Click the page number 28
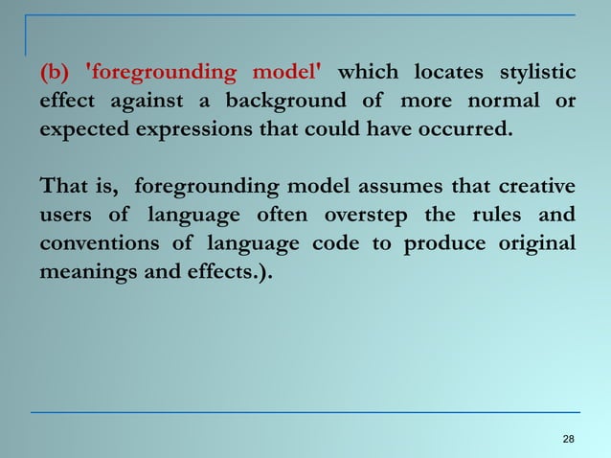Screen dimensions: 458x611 pyautogui.click(x=569, y=439)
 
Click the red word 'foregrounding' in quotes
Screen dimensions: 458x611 pyautogui.click(x=159, y=72)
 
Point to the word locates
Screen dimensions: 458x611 pyautogui.click(x=446, y=72)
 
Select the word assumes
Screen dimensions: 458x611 pyautogui.click(x=409, y=184)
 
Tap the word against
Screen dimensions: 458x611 pyautogui.click(x=151, y=101)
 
